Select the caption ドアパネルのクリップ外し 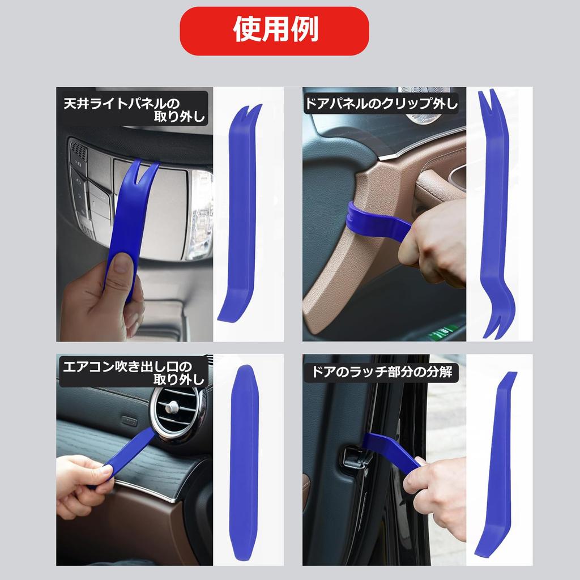tap(381, 104)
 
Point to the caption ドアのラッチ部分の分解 tap(381, 373)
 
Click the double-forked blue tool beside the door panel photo tap(494, 215)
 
